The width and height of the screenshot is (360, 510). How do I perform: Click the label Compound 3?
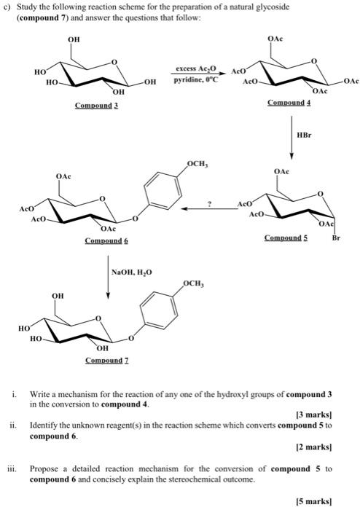96,106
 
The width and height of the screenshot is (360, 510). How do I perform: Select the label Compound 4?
289,103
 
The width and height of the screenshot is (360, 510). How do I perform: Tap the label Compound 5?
286,238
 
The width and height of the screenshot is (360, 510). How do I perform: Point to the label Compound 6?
106,240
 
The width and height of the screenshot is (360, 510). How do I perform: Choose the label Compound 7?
107,361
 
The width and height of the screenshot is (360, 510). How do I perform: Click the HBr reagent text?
304,135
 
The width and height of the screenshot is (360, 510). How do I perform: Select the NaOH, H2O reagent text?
131,272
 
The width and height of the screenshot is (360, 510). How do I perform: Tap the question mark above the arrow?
210,204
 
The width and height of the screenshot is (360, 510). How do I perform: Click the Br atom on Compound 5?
336,238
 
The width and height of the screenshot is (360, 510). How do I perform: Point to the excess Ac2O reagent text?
196,69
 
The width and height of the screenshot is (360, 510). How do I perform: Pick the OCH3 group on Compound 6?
197,164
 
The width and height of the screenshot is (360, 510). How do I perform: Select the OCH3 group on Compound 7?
194,283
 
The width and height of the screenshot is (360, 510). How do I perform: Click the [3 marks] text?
314,415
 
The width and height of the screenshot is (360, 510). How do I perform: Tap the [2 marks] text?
314,447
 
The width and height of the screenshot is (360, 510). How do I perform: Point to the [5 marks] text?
314,501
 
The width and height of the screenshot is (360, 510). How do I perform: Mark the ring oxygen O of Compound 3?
114,61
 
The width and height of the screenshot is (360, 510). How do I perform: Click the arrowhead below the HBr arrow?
291,156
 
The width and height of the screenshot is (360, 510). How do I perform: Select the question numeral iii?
12,469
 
